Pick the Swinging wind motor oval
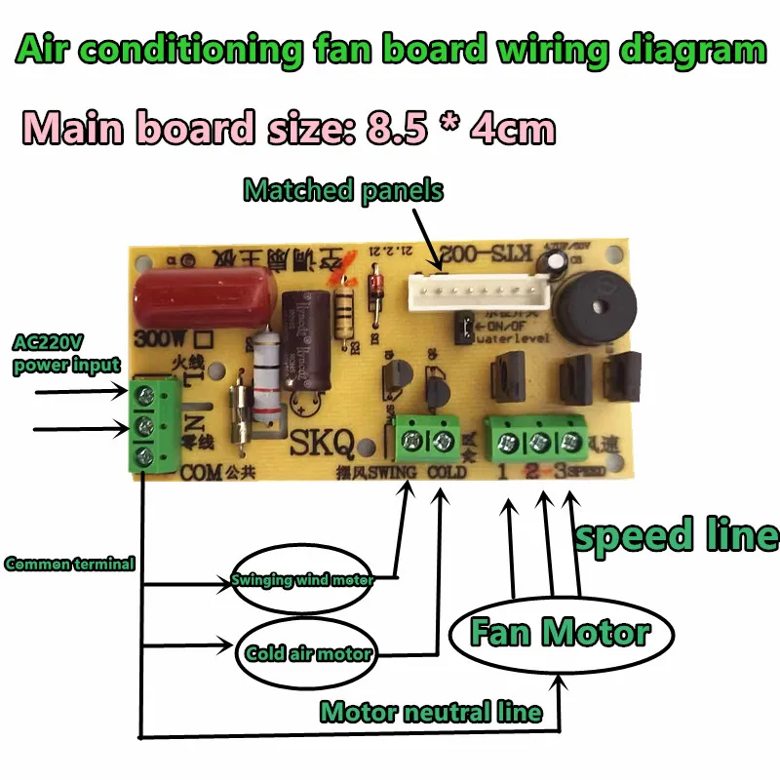[x=303, y=581]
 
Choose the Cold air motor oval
[x=309, y=652]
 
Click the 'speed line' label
[x=676, y=535]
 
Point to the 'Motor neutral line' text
[x=430, y=712]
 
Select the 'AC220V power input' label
[x=65, y=354]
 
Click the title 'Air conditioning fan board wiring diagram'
[x=390, y=49]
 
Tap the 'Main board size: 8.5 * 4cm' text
[x=289, y=128]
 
